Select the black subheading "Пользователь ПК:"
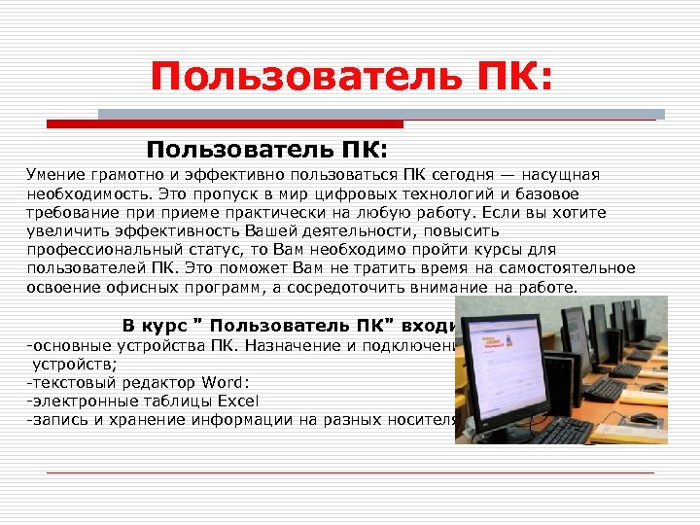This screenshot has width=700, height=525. click(x=266, y=150)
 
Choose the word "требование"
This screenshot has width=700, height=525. click(x=73, y=212)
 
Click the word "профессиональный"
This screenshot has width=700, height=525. click(x=96, y=250)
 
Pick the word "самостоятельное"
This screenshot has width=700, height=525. click(x=573, y=268)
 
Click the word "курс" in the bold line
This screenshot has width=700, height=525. click(x=170, y=326)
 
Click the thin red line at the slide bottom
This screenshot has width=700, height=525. click(x=350, y=473)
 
